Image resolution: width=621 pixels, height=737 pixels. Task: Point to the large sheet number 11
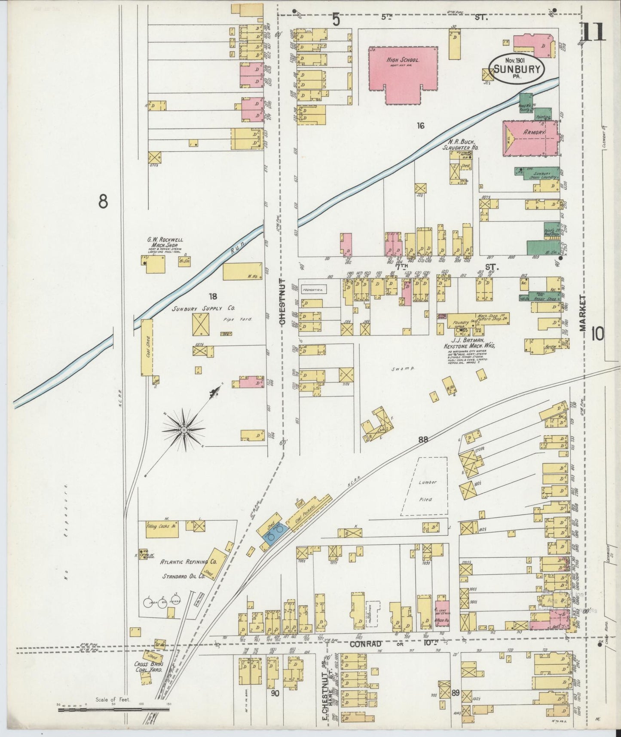(x=593, y=32)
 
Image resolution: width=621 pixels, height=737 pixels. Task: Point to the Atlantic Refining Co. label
(x=188, y=562)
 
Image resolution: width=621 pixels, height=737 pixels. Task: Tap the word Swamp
(x=400, y=369)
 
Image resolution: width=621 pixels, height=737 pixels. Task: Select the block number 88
(x=423, y=439)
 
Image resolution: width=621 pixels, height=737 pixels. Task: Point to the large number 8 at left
(x=102, y=201)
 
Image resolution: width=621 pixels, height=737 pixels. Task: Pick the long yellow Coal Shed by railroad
(x=147, y=347)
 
